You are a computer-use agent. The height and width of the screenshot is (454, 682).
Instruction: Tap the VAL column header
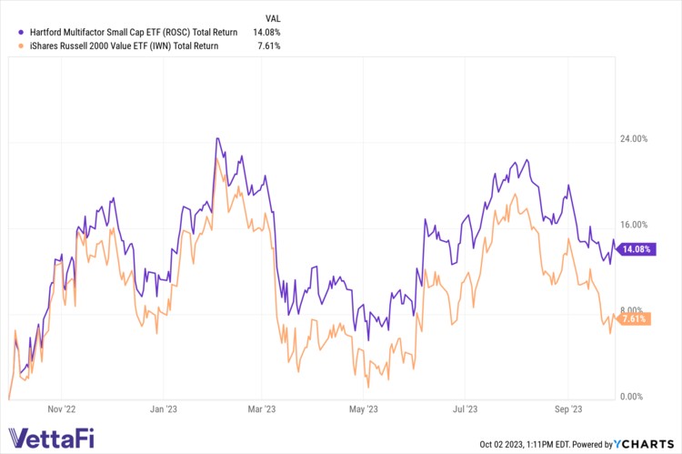click(273, 17)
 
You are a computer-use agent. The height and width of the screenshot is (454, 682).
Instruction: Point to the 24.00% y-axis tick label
click(633, 139)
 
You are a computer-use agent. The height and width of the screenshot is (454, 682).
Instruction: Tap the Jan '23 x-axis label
click(165, 410)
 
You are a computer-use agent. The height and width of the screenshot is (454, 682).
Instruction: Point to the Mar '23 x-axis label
click(264, 410)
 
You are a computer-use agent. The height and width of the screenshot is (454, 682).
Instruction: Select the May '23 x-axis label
click(365, 410)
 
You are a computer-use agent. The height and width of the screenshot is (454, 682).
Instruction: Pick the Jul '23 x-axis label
click(465, 410)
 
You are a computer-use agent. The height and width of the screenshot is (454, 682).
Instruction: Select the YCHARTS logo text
click(647, 444)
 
